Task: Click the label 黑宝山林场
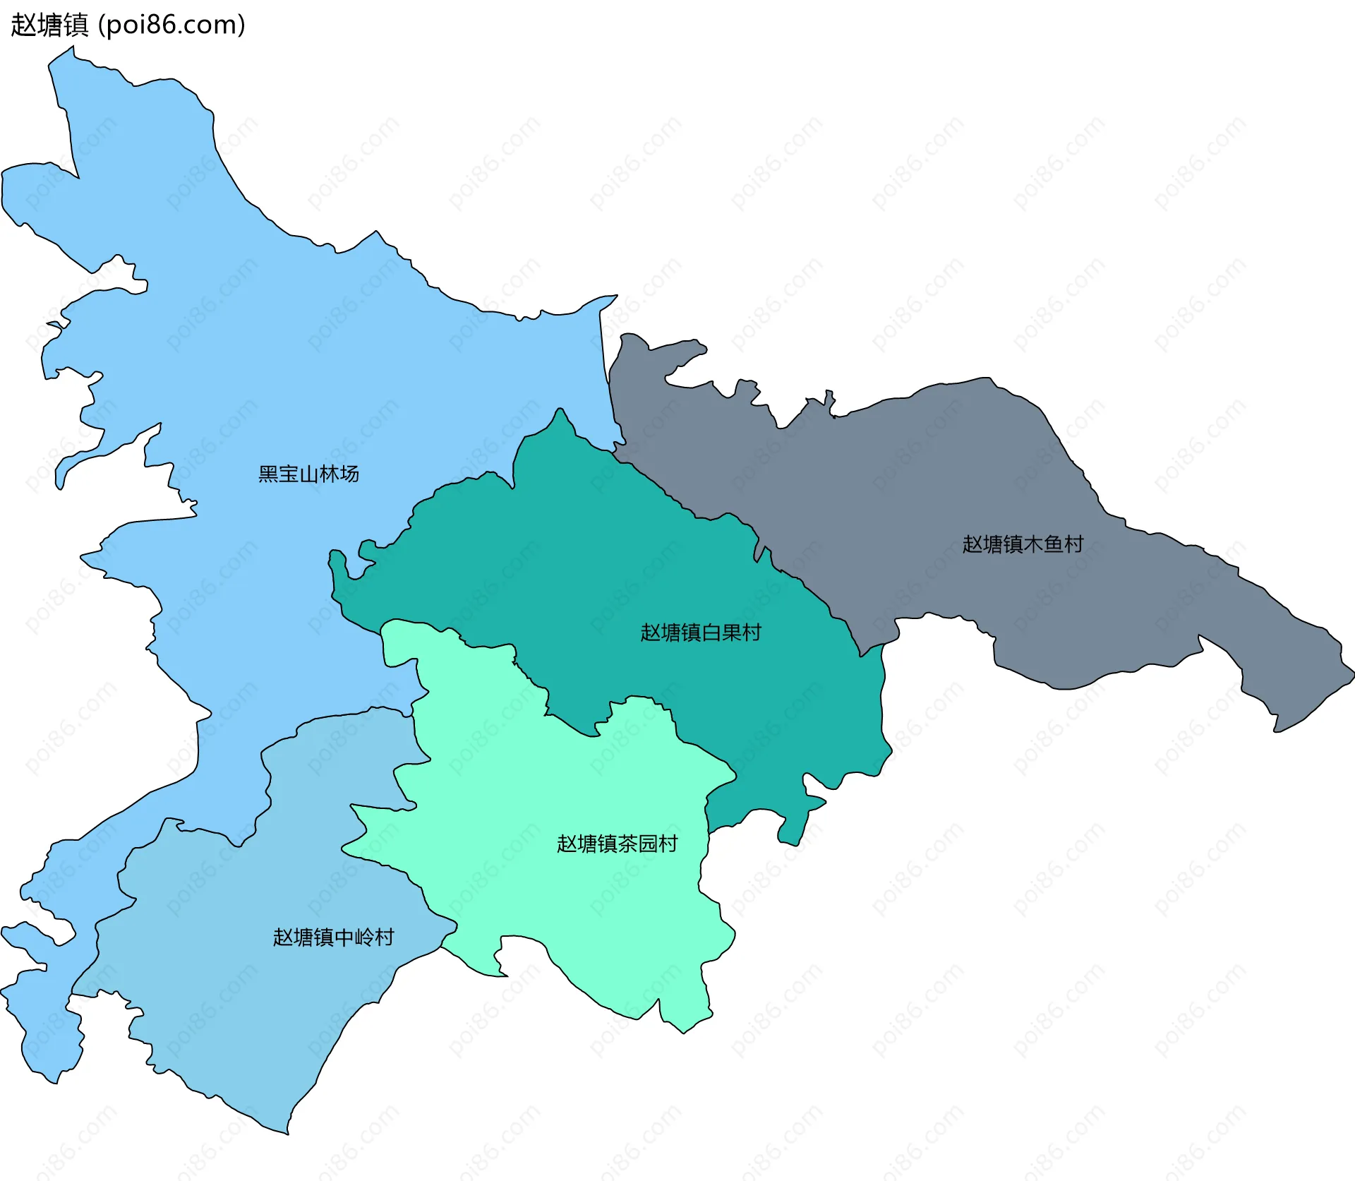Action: click(x=308, y=474)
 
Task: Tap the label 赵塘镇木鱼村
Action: click(x=1023, y=544)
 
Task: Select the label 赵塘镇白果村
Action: click(x=700, y=633)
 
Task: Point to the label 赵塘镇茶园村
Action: click(x=617, y=844)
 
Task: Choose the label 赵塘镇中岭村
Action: click(x=333, y=937)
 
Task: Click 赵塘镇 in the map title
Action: click(x=49, y=25)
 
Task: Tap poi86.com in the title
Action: click(x=171, y=25)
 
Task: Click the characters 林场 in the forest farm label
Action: click(x=339, y=474)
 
